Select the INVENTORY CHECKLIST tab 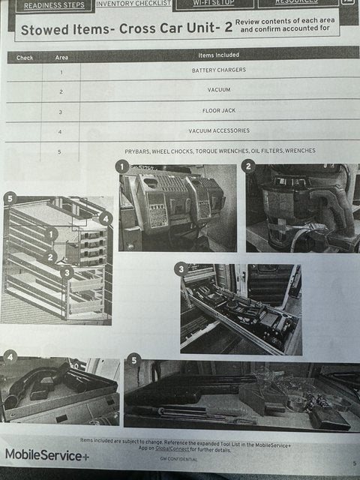(x=133, y=4)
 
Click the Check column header (x=25, y=57)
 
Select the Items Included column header (x=218, y=55)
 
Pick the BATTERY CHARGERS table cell (x=218, y=70)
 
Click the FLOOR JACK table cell (x=218, y=111)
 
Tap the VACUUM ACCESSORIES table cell (x=218, y=131)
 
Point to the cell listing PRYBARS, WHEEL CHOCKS (x=220, y=151)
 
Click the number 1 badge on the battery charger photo (x=121, y=166)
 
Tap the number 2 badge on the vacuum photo (x=248, y=166)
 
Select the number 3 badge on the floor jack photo (x=181, y=268)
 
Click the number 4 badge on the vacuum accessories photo (x=10, y=355)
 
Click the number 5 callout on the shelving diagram (x=9, y=198)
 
